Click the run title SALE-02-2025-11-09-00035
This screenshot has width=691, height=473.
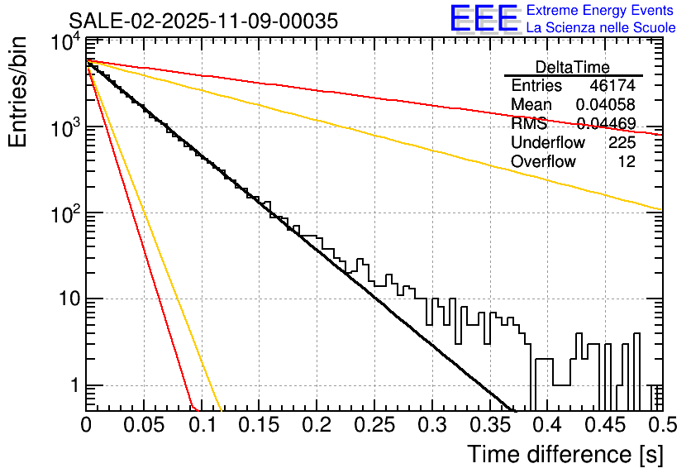click(203, 21)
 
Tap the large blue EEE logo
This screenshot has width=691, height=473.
click(484, 18)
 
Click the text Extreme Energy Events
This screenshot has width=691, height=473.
click(600, 11)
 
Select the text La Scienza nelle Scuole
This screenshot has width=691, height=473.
click(600, 27)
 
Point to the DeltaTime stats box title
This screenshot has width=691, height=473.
click(573, 67)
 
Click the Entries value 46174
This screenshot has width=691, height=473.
click(612, 86)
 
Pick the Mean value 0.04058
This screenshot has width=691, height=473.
click(606, 105)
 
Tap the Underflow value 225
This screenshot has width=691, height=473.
click(622, 143)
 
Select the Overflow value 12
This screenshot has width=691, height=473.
click(627, 161)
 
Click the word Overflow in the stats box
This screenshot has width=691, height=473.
click(543, 161)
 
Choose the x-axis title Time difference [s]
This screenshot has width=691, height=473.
click(564, 454)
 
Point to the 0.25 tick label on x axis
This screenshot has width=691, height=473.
click(374, 425)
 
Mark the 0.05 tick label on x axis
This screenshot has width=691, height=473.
click(144, 425)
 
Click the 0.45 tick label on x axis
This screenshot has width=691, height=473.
click(603, 425)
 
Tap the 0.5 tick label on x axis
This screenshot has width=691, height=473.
click(660, 425)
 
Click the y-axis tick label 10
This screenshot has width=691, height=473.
click(69, 299)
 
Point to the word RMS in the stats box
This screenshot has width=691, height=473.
click(529, 124)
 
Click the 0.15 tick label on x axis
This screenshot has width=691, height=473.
click(259, 425)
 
